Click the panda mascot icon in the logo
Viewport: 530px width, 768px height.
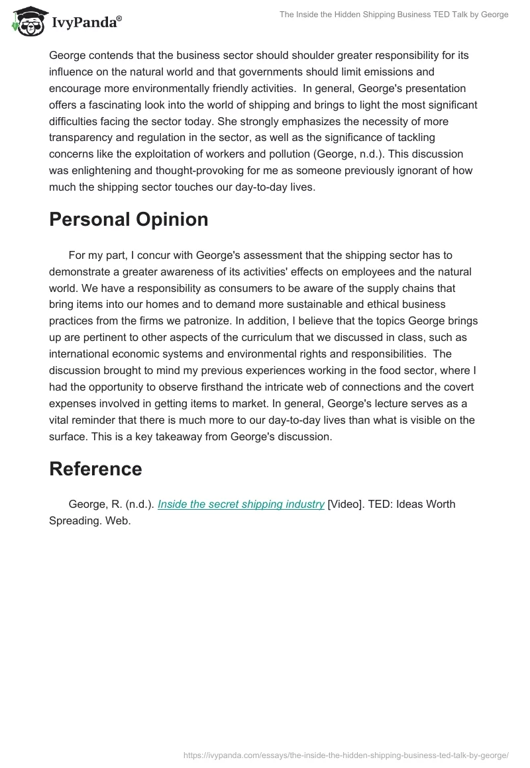(26, 21)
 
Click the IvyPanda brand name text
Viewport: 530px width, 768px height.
(86, 22)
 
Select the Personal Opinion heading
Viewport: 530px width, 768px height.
(129, 220)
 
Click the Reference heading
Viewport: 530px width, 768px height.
(95, 469)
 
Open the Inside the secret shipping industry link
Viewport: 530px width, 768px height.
(241, 504)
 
